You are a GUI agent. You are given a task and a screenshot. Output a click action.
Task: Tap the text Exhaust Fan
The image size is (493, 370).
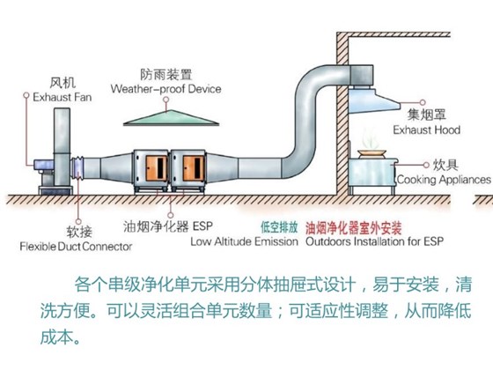click(52, 99)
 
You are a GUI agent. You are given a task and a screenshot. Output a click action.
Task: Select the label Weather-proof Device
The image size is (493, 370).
click(166, 90)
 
